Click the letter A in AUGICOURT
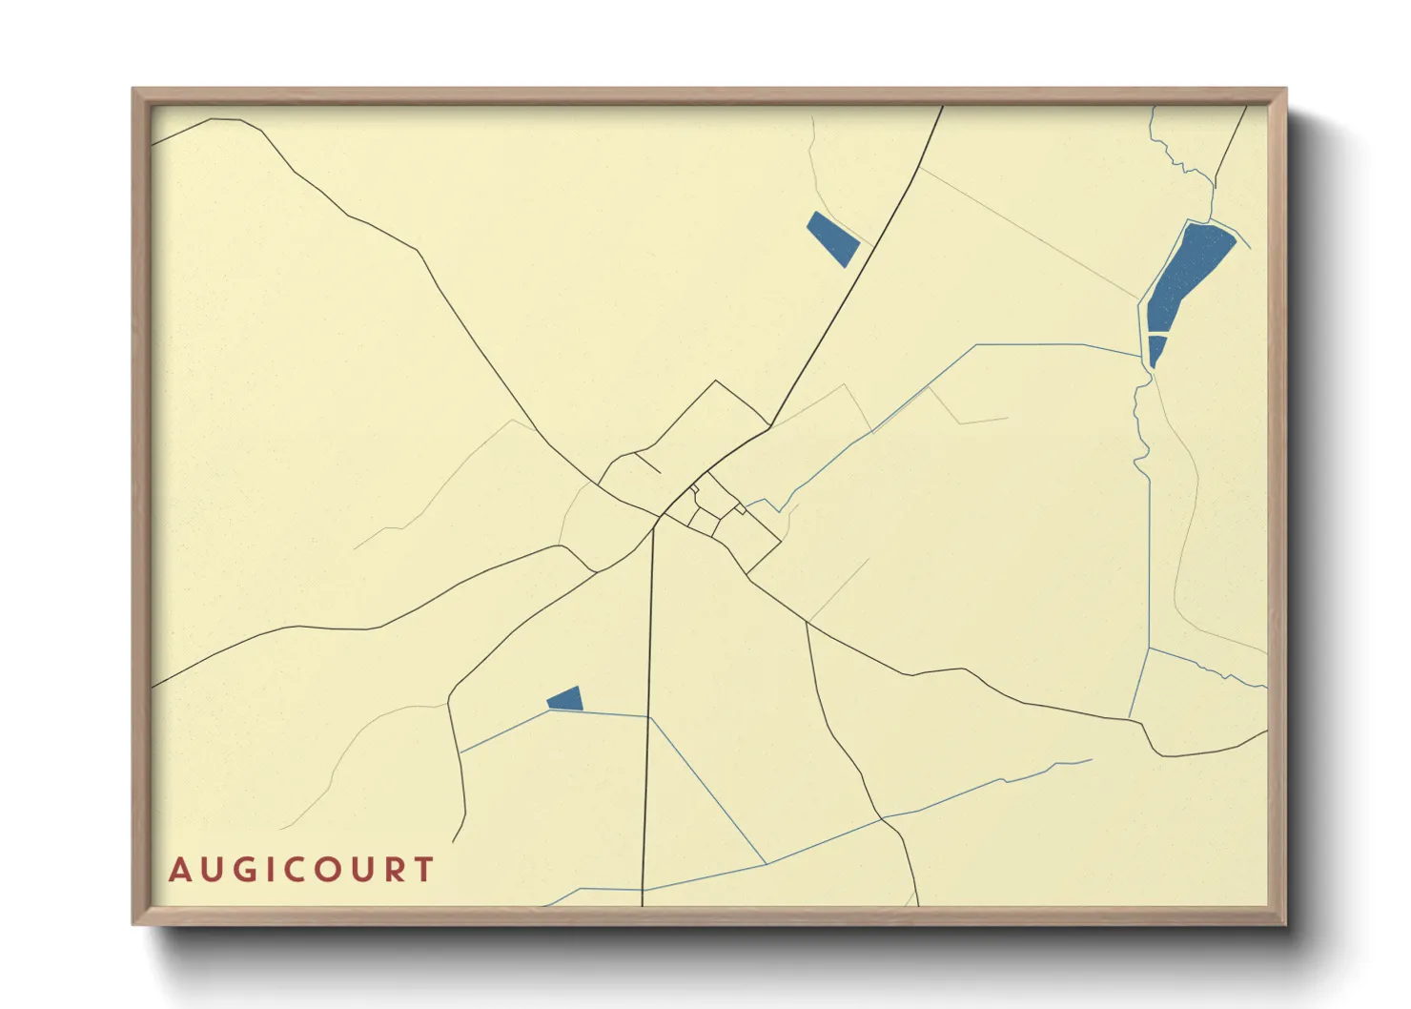point(179,870)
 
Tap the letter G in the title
point(241,870)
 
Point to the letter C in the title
point(296,870)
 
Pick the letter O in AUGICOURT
point(329,870)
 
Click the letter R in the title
point(394,870)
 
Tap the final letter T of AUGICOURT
point(423,870)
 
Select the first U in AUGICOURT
point(210,870)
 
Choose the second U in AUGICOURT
point(363,870)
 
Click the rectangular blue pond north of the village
point(832,238)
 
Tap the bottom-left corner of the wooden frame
point(134,922)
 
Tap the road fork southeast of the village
point(807,623)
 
